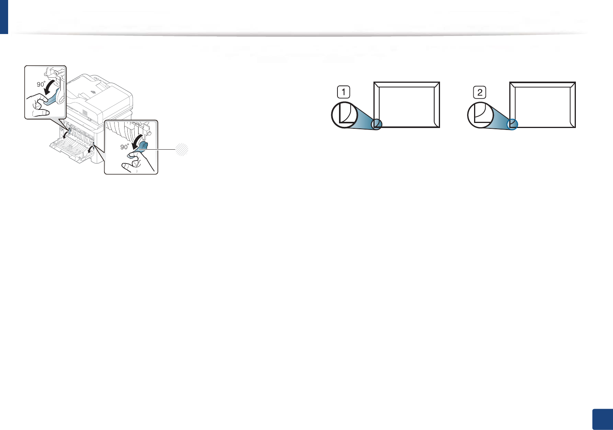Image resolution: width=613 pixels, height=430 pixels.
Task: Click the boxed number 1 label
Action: click(343, 92)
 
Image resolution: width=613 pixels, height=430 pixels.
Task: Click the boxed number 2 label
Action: click(480, 92)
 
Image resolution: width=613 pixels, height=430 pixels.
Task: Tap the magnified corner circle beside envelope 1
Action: click(344, 114)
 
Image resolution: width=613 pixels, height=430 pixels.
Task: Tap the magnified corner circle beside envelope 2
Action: click(480, 115)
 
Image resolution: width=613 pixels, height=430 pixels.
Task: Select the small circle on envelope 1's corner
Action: click(377, 124)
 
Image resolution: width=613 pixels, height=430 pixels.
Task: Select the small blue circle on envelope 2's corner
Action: click(512, 124)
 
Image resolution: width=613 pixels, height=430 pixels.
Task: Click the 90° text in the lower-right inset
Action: click(125, 147)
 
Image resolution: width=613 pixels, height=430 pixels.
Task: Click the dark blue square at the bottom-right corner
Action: click(603, 419)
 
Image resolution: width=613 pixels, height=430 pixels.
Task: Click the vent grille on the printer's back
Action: click(85, 112)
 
